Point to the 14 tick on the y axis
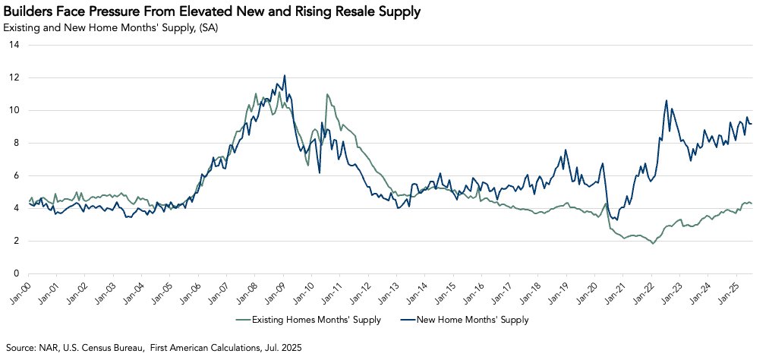pos(13,45)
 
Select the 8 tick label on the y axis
pos(15,143)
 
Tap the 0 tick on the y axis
pos(15,273)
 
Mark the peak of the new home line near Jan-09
pos(285,75)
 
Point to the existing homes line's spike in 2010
pos(327,94)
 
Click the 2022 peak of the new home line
pos(667,100)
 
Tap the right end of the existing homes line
pos(752,203)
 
